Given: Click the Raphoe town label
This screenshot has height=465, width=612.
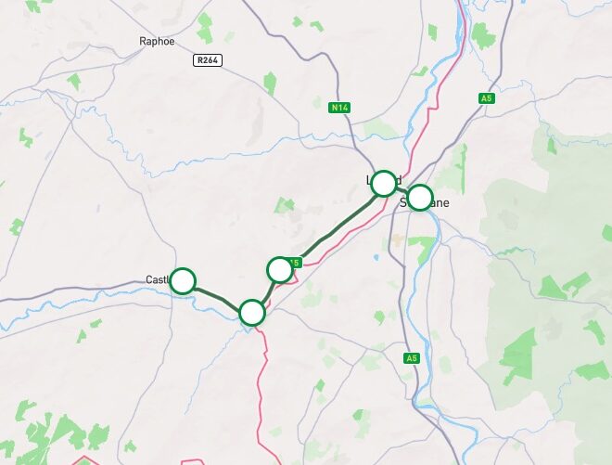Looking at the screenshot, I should click(x=156, y=41).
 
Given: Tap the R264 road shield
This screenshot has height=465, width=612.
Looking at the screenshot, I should click(x=207, y=59).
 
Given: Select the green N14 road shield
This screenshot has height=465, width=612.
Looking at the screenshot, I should click(x=340, y=108).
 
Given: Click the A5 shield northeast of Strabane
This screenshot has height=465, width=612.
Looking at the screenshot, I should click(x=486, y=98).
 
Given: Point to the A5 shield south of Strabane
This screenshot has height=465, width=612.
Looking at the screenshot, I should click(x=413, y=357).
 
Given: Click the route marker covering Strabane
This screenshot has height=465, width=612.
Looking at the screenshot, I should click(x=420, y=198).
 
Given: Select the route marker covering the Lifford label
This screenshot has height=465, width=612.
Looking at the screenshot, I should click(x=383, y=184).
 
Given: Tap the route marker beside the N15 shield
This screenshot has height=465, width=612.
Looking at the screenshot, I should click(x=280, y=270).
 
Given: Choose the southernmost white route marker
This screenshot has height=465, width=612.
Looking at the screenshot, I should click(x=252, y=313).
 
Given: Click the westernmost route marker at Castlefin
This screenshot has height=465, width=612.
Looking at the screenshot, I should click(x=184, y=280).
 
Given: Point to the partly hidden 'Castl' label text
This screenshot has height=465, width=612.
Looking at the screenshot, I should click(x=157, y=280).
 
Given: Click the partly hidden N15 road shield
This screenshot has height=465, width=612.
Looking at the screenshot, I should click(x=297, y=263).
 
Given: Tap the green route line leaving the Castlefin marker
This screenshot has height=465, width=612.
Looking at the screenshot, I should click(x=217, y=296).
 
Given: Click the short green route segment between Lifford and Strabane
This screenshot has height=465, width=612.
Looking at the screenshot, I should click(x=402, y=191).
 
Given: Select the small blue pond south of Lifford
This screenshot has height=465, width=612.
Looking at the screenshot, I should click(x=376, y=257).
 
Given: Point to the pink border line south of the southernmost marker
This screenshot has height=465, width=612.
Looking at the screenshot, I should click(x=263, y=371).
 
